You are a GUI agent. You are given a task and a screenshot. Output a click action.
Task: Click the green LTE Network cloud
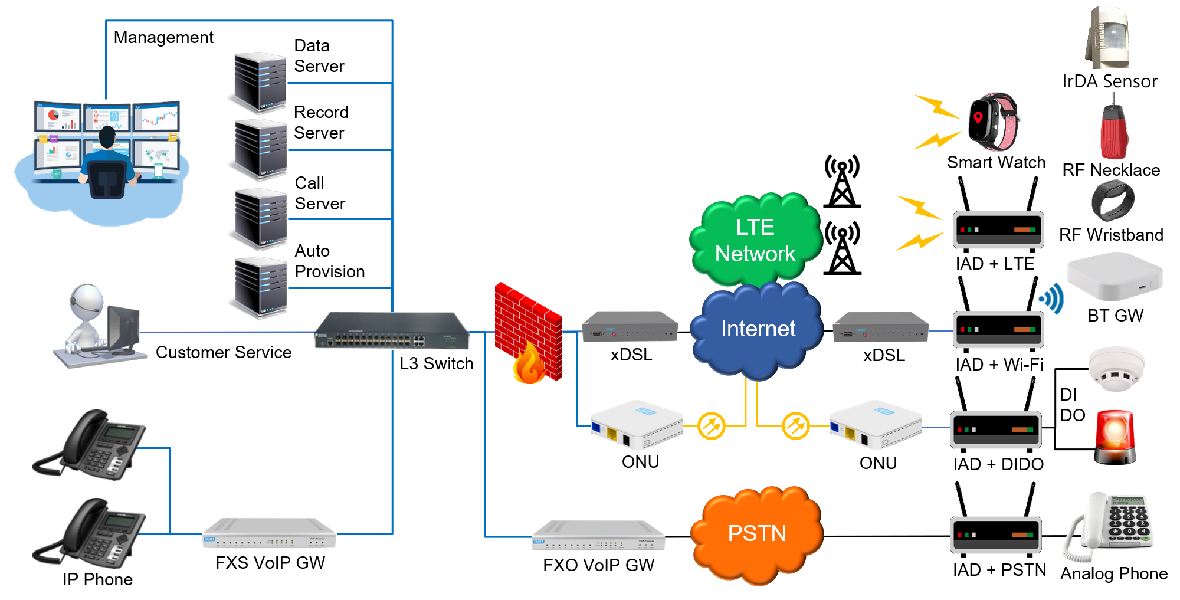pyautogui.click(x=755, y=240)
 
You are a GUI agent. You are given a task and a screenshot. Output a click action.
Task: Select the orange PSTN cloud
pyautogui.click(x=756, y=534)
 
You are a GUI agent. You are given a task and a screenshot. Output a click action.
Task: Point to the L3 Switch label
pyautogui.click(x=436, y=363)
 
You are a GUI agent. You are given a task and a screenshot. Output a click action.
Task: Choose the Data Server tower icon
pyautogui.click(x=260, y=82)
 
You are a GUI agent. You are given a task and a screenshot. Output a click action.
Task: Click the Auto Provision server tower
pyautogui.click(x=260, y=287)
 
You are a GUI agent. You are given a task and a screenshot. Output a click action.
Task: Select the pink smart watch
pyautogui.click(x=994, y=121)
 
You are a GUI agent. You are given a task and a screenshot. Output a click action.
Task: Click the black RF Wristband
pyautogui.click(x=1112, y=201)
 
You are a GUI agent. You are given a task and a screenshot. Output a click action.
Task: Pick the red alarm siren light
pyautogui.click(x=1115, y=437)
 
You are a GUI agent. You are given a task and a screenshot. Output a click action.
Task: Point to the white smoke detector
pyautogui.click(x=1116, y=369)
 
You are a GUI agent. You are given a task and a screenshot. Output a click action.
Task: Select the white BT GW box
pyautogui.click(x=1115, y=277)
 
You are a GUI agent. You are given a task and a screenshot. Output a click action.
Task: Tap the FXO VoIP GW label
pyautogui.click(x=598, y=565)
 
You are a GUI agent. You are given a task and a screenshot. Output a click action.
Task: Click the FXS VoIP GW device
pyautogui.click(x=270, y=533)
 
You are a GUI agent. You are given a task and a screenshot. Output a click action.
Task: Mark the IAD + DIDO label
pyautogui.click(x=998, y=464)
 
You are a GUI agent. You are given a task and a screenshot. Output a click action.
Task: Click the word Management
pyautogui.click(x=163, y=38)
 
